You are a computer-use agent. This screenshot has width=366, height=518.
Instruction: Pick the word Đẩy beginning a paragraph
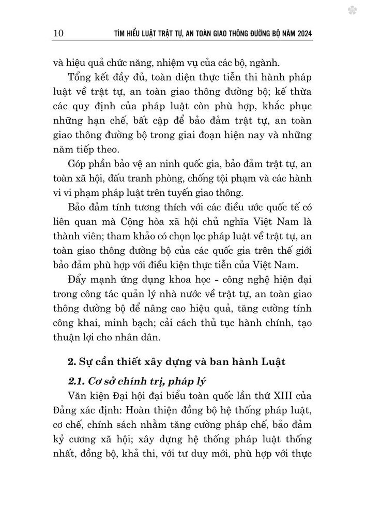[79, 281]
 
